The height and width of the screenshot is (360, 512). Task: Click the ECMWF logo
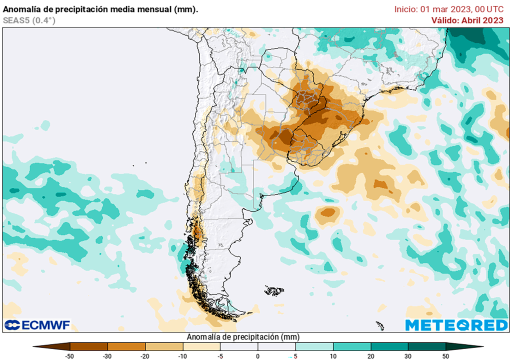37,325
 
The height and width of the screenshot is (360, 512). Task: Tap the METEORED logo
456,325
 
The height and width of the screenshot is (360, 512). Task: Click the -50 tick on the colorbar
70,356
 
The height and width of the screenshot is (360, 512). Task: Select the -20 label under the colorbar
145,356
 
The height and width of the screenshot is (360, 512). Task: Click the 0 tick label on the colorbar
258,356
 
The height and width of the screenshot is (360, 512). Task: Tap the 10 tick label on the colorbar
333,356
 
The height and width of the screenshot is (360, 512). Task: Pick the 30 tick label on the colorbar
408,356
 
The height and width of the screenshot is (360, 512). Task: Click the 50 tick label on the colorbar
445,356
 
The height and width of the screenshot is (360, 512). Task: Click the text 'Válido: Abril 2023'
467,20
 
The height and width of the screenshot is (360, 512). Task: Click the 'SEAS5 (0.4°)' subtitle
29,20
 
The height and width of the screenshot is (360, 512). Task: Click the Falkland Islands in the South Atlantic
274,290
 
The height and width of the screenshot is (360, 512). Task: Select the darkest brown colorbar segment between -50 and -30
89,346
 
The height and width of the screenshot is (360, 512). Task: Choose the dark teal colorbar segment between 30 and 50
426,346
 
